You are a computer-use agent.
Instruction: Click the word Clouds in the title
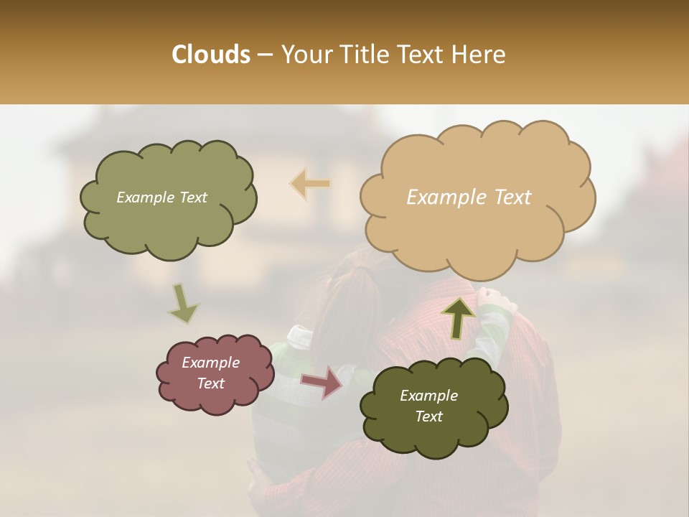click(x=210, y=55)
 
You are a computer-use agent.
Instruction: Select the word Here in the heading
click(x=479, y=55)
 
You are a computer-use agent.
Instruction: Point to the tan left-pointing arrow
click(x=310, y=184)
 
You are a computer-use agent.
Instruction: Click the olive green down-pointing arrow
click(x=183, y=304)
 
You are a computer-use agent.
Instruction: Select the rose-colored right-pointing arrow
click(x=322, y=382)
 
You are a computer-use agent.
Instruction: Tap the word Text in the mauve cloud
click(x=211, y=383)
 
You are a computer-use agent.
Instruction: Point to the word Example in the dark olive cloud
click(x=428, y=396)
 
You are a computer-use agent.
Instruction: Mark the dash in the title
click(x=265, y=55)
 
